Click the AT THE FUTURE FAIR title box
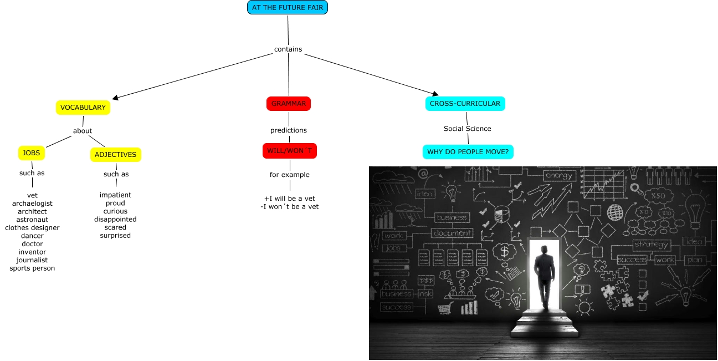288,7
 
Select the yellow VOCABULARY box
83,108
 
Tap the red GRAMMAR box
289,104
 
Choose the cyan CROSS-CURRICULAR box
465,104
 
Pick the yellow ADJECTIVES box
116,155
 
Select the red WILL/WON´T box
290,151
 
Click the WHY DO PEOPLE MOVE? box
468,151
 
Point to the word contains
288,49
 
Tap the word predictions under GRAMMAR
289,130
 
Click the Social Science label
468,129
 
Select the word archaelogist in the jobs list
32,204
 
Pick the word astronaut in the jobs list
32,220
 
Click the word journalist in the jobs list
32,260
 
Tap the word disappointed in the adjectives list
115,219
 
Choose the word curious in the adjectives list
115,211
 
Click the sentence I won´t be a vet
290,207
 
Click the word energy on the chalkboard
558,176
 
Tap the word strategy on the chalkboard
652,245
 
